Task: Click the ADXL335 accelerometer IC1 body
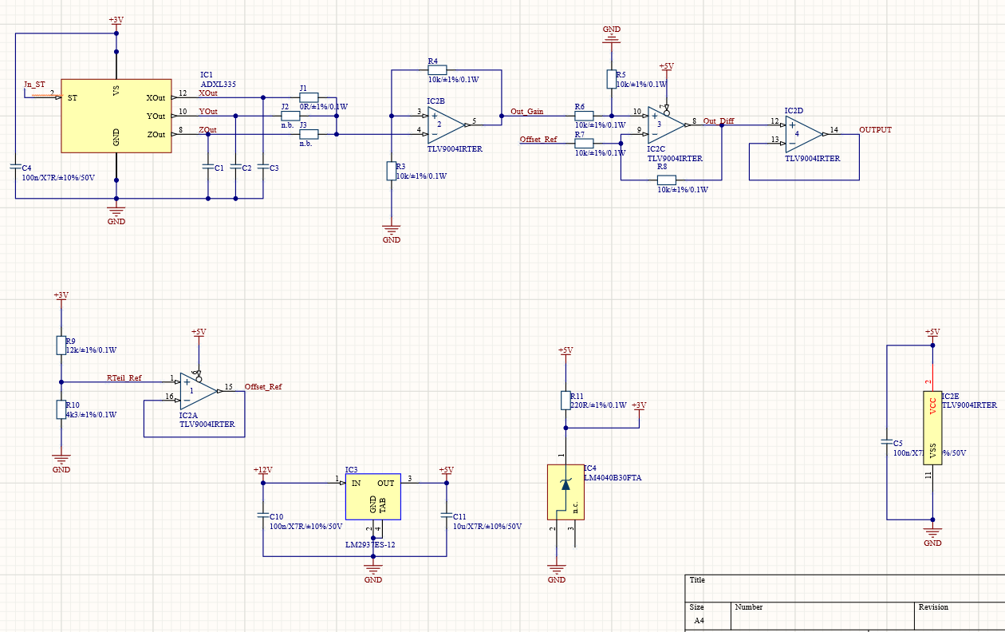click(x=116, y=116)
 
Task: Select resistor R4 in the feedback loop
click(x=437, y=69)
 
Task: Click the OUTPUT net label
click(x=875, y=129)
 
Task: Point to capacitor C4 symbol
click(x=16, y=167)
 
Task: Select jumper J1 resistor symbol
click(x=309, y=97)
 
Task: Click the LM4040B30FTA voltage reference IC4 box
click(x=566, y=492)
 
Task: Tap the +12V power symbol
click(x=262, y=471)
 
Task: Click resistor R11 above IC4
click(x=566, y=401)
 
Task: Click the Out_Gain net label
click(x=527, y=112)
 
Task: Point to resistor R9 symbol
click(x=61, y=345)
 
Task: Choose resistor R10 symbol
click(x=61, y=409)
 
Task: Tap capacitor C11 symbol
click(x=446, y=515)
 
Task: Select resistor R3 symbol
click(x=391, y=171)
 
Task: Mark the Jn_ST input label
click(x=34, y=84)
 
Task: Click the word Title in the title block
click(x=697, y=580)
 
